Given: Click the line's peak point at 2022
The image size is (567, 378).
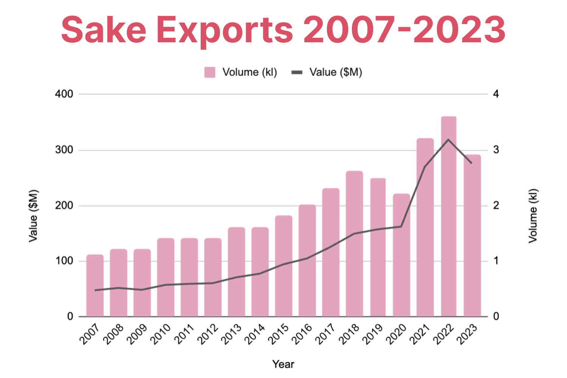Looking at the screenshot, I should [448, 140].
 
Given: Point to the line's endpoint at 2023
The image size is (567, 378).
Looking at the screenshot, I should [471, 163].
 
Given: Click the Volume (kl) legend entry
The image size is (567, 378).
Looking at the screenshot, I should [241, 72].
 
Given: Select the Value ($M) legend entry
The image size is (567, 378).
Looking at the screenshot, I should [327, 72].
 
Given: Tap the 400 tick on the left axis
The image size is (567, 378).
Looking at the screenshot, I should [64, 94].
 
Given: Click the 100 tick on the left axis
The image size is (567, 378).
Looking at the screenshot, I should [64, 261].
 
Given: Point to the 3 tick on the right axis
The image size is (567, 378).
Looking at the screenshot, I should [496, 150].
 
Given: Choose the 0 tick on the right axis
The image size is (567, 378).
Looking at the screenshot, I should [496, 316].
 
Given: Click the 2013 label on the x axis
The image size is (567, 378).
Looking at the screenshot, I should [231, 334].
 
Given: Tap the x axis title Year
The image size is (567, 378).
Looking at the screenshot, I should [283, 364].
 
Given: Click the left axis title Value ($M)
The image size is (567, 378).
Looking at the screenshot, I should [33, 216].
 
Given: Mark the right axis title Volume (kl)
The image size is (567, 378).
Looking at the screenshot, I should [533, 216].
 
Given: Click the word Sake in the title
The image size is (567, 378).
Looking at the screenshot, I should [104, 29].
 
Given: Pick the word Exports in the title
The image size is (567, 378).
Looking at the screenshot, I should [225, 29].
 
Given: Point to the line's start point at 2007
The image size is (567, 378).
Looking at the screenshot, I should [95, 290].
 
